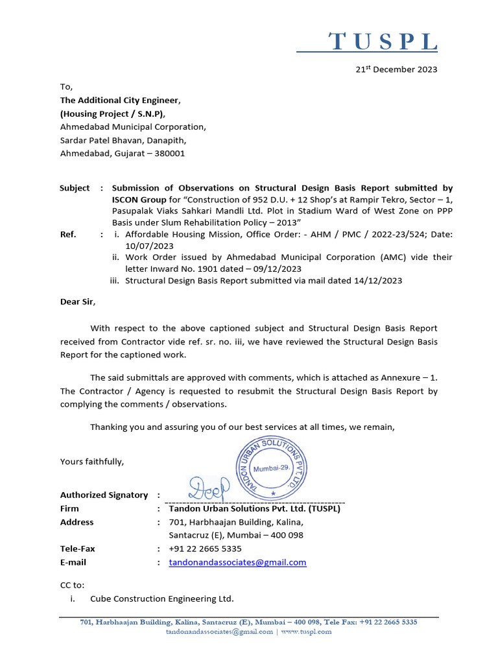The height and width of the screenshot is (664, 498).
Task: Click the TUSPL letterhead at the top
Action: click(x=383, y=42)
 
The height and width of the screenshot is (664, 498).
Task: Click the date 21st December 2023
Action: click(x=398, y=69)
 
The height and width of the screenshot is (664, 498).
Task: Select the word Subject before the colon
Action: click(x=75, y=188)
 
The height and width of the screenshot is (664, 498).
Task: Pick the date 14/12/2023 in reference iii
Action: click(x=377, y=281)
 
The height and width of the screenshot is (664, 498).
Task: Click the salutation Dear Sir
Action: click(x=77, y=302)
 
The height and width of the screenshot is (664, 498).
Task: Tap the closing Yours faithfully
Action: click(x=92, y=462)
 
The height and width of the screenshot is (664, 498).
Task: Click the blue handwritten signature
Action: click(x=209, y=486)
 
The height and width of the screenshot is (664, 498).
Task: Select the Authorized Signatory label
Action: click(x=104, y=495)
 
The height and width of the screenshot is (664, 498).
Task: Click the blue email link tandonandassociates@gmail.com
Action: click(x=237, y=562)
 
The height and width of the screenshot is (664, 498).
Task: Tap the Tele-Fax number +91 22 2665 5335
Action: click(x=205, y=549)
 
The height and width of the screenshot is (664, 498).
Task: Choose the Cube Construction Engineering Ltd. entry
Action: click(x=162, y=599)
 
